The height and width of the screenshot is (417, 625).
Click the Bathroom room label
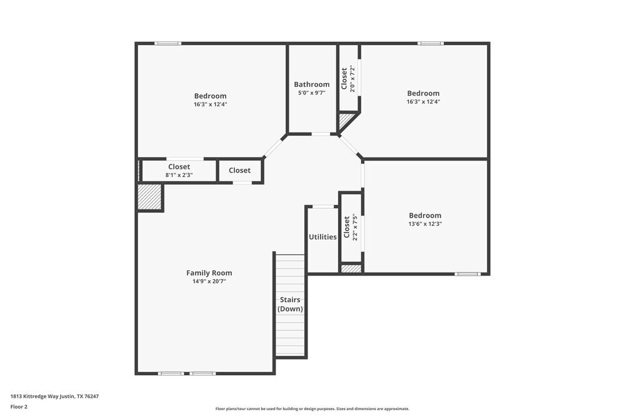click(x=312, y=84)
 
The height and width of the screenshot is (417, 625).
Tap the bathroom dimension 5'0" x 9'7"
click(x=312, y=93)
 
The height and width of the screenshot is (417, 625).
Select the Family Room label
click(x=209, y=273)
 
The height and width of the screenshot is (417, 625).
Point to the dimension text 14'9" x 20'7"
click(x=209, y=281)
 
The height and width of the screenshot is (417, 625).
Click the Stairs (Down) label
click(x=290, y=304)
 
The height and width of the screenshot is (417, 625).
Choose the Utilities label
click(x=322, y=237)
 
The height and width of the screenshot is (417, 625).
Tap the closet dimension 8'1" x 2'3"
click(x=179, y=176)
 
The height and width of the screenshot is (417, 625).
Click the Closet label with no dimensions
click(x=239, y=171)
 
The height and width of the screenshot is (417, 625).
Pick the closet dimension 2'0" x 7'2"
click(x=352, y=79)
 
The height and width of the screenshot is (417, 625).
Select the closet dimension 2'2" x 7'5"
click(x=355, y=228)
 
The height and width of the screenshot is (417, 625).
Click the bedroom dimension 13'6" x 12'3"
click(x=425, y=224)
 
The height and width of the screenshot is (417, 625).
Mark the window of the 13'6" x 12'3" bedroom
click(x=467, y=274)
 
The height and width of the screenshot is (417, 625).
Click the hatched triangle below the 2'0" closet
click(x=344, y=119)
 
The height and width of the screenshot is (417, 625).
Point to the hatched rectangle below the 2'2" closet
click(x=351, y=268)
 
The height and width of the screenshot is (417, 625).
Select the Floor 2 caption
click(x=19, y=406)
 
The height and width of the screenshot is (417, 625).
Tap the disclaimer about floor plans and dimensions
click(x=312, y=409)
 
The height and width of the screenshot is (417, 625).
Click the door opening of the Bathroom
click(x=321, y=134)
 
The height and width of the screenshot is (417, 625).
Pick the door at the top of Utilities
click(x=322, y=206)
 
